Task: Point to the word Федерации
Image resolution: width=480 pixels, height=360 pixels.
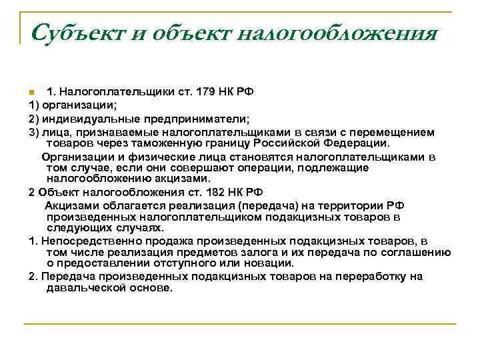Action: [373, 143]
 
